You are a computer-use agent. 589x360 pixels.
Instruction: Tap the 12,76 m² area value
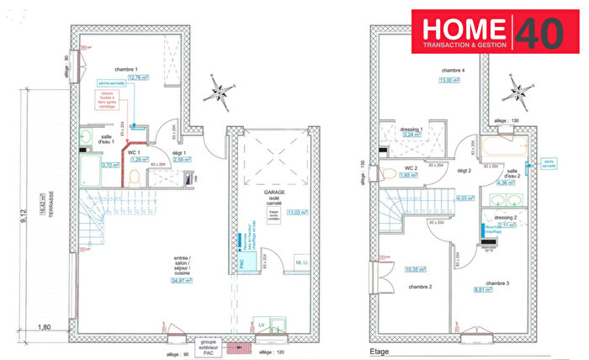click(128, 78)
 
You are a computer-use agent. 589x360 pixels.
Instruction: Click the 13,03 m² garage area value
click(295, 212)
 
